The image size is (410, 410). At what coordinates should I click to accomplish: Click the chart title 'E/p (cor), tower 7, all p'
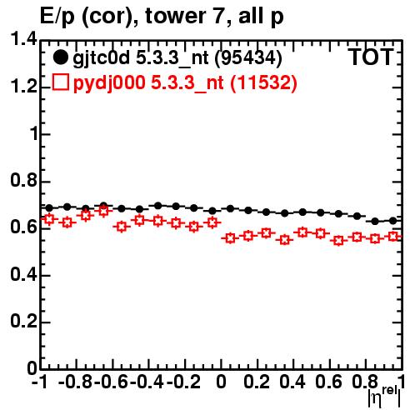[162, 17]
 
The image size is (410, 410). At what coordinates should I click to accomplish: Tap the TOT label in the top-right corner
[371, 57]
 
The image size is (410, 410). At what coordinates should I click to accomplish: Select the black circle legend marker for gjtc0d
[60, 57]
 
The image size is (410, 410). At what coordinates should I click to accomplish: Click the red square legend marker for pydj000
[61, 82]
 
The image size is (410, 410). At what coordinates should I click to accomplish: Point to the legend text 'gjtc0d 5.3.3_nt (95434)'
[177, 58]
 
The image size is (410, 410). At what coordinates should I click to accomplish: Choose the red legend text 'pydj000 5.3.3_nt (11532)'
[185, 82]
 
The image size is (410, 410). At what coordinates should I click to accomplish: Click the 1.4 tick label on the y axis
[23, 39]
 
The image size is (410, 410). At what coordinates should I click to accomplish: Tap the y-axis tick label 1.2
[23, 87]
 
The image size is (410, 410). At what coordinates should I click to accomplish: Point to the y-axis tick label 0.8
[23, 181]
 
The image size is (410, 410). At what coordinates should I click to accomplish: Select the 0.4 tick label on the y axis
[23, 274]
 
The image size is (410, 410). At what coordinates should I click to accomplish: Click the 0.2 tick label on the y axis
[23, 322]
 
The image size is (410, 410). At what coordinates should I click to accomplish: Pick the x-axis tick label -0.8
[75, 382]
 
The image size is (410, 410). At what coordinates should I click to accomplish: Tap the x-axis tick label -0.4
[147, 382]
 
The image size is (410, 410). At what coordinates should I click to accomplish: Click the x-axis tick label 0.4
[292, 382]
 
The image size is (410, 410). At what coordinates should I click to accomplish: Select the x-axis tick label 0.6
[328, 382]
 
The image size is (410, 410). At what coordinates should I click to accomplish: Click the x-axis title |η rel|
[384, 397]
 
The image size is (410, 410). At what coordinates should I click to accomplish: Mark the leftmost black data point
[49, 207]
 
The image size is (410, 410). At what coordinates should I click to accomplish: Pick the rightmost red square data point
[393, 237]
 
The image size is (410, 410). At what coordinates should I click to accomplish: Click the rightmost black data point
[393, 221]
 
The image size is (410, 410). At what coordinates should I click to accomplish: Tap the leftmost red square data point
[49, 219]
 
